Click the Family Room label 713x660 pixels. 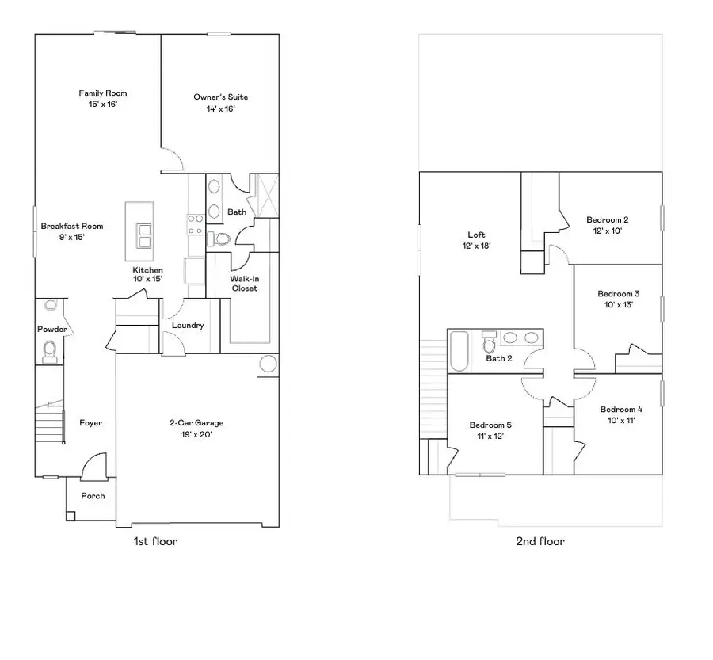click(x=102, y=93)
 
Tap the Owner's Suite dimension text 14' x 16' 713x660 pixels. click(x=220, y=109)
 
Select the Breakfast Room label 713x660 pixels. click(x=72, y=226)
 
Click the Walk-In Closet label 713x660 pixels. click(x=244, y=284)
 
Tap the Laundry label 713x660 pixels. click(x=188, y=325)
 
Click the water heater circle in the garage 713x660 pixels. click(x=268, y=364)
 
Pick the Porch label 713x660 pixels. click(x=93, y=496)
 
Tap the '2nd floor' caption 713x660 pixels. click(x=540, y=541)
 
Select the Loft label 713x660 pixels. click(x=476, y=235)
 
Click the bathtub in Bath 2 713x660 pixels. click(x=459, y=351)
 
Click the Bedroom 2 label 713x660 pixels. click(x=607, y=219)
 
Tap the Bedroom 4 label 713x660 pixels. click(x=620, y=410)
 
